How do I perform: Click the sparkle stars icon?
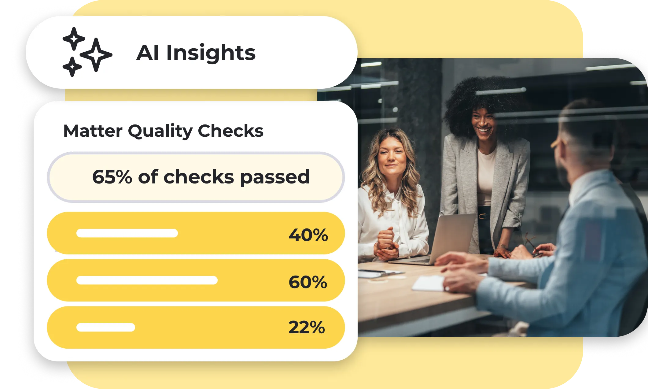tap(87, 52)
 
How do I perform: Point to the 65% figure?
tap(112, 177)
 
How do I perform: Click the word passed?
tap(275, 178)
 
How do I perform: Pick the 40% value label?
tap(308, 235)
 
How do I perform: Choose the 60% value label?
tap(308, 282)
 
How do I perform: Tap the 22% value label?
tap(307, 327)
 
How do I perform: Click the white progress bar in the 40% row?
tap(127, 233)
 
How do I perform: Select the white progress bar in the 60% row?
tap(147, 280)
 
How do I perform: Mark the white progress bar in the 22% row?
tap(106, 327)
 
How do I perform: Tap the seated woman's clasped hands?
tap(387, 245)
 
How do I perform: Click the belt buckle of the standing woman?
tap(483, 216)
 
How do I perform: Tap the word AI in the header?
tap(148, 53)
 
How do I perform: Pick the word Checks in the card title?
tap(231, 131)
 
